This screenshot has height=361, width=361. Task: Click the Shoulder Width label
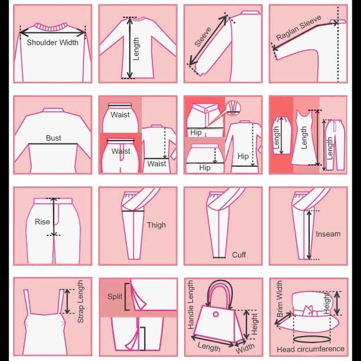tap(52, 42)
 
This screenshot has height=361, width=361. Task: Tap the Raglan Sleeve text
tap(299, 27)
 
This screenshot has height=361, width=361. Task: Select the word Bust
tap(54, 138)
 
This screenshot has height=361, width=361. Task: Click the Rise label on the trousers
tap(42, 222)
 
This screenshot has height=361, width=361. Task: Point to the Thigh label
tap(156, 225)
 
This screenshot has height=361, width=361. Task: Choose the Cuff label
tap(239, 255)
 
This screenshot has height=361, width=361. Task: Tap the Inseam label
tap(328, 234)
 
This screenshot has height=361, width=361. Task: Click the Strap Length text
tap(80, 302)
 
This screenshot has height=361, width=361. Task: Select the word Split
tap(115, 296)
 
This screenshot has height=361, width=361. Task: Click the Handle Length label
tap(190, 304)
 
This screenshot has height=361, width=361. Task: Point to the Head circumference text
tap(311, 349)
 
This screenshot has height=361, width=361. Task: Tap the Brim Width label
tap(279, 299)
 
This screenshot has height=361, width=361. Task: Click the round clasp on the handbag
tap(216, 314)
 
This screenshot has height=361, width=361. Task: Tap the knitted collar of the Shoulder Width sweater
tap(52, 27)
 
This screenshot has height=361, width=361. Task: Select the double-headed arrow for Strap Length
tap(67, 301)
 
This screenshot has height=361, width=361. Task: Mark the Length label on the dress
tap(304, 138)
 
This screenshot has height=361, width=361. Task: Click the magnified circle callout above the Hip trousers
tap(233, 108)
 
